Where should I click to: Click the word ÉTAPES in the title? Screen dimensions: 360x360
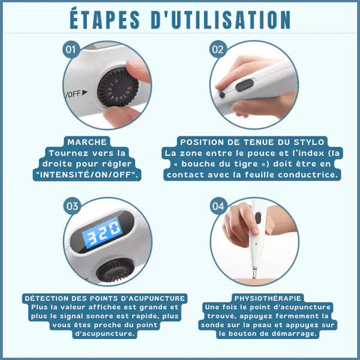105,19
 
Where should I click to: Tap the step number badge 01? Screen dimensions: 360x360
70,49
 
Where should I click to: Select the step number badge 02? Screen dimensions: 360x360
217,49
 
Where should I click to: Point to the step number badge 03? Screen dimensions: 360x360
72,206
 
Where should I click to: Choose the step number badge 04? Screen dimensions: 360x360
218,206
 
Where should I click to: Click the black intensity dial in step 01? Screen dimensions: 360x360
118,88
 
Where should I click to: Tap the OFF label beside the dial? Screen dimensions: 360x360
74,94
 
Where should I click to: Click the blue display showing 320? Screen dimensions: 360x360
103,233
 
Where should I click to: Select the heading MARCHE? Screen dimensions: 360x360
87,142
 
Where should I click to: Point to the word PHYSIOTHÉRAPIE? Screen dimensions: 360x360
268,298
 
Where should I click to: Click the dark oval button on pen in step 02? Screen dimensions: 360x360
244,85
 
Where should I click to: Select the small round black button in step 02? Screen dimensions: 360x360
222,94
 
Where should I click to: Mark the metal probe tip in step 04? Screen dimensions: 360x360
254,273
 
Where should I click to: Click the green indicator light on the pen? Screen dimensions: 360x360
256,244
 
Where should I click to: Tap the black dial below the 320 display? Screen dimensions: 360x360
115,270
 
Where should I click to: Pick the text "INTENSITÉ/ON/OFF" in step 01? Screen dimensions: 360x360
87,175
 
